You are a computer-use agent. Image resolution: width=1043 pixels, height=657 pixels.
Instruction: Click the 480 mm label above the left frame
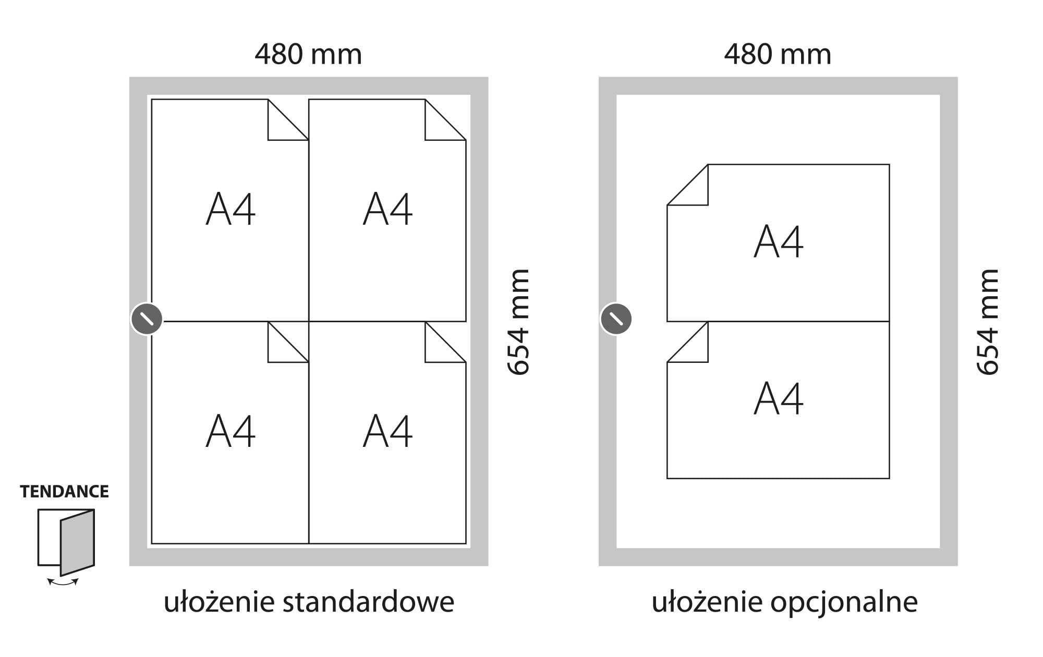tap(308, 54)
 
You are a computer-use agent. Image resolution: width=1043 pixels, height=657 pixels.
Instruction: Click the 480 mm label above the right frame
tap(778, 54)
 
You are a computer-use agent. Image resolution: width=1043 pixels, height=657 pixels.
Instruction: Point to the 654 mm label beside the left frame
tap(519, 322)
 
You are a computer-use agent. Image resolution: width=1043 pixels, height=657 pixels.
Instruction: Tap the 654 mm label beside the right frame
tap(988, 322)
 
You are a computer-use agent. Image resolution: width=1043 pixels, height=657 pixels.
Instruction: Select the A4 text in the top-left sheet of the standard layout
tap(231, 209)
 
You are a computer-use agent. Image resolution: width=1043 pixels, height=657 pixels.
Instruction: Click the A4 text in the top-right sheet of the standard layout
tap(387, 209)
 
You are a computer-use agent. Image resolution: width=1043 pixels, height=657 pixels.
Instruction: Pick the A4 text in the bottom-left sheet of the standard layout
tap(231, 431)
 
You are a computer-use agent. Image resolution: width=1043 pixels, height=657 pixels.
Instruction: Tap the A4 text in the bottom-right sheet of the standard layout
tap(387, 431)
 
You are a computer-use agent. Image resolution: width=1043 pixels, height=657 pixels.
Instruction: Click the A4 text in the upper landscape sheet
tap(779, 241)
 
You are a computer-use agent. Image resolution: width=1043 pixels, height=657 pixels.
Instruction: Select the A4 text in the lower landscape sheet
tap(779, 398)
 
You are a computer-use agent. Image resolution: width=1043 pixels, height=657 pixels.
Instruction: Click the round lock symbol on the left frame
tap(147, 319)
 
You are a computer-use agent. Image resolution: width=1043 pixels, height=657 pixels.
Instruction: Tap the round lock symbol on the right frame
tap(616, 319)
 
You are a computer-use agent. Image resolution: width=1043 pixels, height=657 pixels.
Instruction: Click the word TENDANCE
tap(65, 492)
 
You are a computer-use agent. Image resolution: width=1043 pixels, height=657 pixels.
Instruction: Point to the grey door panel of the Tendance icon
tap(77, 542)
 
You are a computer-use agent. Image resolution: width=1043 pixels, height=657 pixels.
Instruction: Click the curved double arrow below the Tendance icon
tap(63, 582)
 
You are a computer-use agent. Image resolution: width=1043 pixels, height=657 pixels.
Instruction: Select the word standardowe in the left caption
tap(368, 602)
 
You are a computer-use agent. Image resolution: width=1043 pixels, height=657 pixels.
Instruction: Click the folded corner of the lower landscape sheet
tap(694, 348)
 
